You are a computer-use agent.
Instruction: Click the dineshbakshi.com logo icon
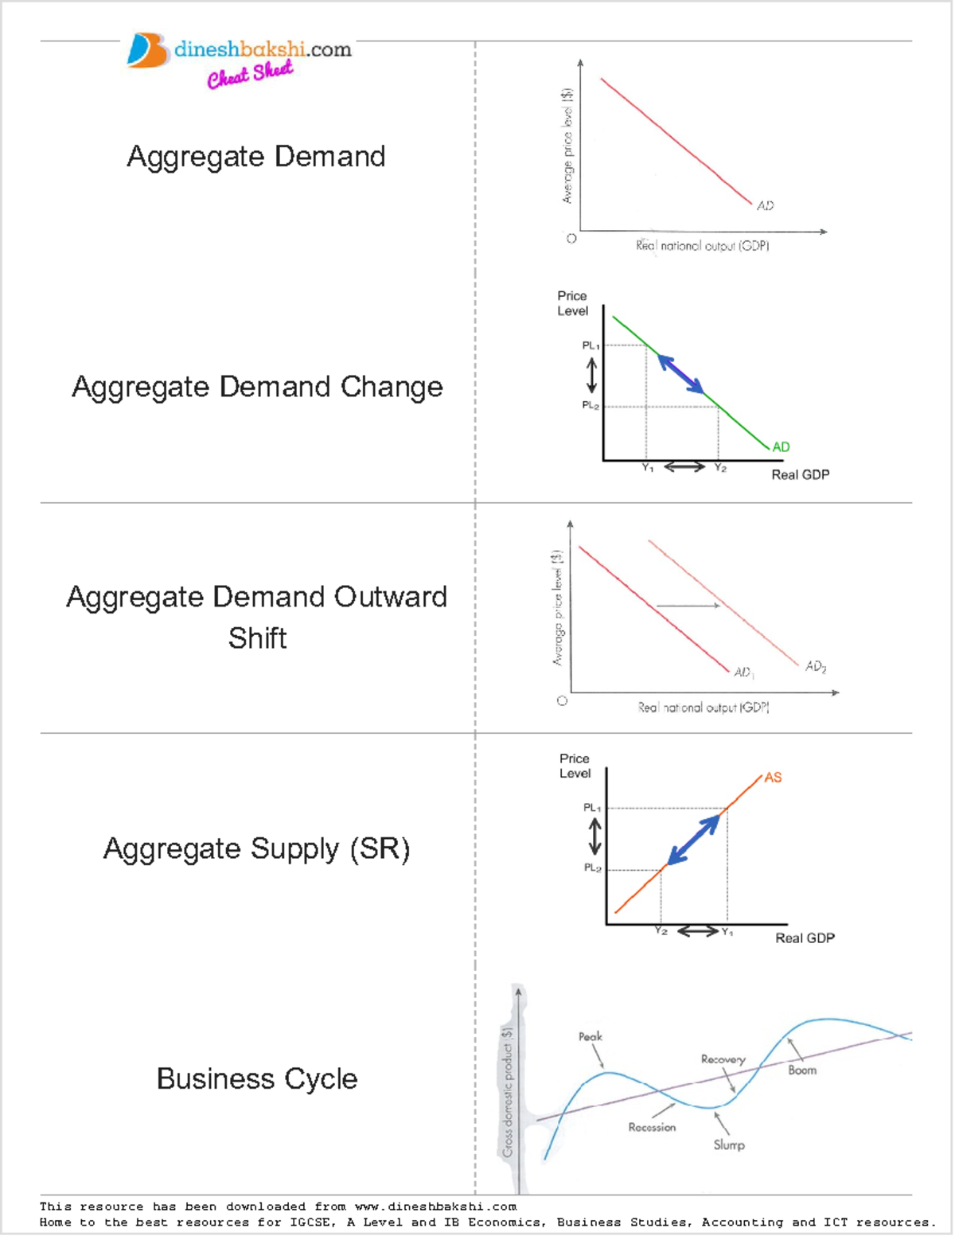[146, 50]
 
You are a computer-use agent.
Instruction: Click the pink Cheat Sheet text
[250, 75]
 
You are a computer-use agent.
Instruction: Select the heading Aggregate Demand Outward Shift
[256, 617]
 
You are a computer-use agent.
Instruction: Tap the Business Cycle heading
[256, 1078]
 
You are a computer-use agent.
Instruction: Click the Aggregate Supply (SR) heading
[256, 848]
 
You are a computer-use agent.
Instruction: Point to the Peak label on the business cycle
[590, 1036]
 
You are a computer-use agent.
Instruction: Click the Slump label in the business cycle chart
[729, 1144]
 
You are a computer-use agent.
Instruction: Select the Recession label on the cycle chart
[652, 1127]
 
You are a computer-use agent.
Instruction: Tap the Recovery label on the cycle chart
[723, 1059]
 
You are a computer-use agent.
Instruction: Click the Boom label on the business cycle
[802, 1070]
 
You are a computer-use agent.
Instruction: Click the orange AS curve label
[773, 778]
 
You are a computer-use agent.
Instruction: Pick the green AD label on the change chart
[781, 446]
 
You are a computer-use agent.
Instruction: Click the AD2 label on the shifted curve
[816, 666]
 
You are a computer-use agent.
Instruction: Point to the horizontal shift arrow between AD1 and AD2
[688, 606]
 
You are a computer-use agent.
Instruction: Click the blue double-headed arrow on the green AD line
[680, 374]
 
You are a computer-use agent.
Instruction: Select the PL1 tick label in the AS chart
[592, 807]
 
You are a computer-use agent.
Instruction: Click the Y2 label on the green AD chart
[720, 468]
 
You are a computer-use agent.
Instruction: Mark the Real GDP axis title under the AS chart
[805, 938]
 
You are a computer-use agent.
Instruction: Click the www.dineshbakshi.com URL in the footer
[435, 1207]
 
